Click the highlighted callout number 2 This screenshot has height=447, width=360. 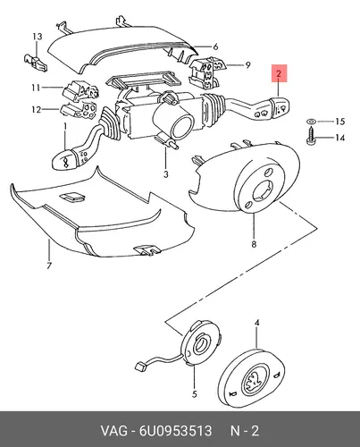coord(279,73)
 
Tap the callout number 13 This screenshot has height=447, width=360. coord(38,37)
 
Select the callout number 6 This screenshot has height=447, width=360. coord(215,46)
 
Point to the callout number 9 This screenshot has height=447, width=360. coord(247,65)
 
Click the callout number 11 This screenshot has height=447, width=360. coord(36,88)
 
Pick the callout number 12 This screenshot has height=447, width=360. coord(36,110)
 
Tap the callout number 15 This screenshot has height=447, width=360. coord(339,122)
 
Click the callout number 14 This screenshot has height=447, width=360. coord(339,138)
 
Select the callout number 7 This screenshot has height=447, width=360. coord(49,265)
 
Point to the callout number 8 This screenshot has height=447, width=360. coord(254,244)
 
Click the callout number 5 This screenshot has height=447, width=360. coord(195,394)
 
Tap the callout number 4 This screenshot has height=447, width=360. coord(256,323)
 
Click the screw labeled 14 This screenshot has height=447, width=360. coord(310,136)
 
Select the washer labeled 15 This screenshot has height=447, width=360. coord(311,122)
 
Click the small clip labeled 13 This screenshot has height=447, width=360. coord(36,63)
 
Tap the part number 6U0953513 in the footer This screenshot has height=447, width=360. coord(175,431)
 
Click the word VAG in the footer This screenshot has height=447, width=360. coord(113,431)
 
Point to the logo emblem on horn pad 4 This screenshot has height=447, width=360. coord(254,382)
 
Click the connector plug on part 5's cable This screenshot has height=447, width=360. coord(140,366)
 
